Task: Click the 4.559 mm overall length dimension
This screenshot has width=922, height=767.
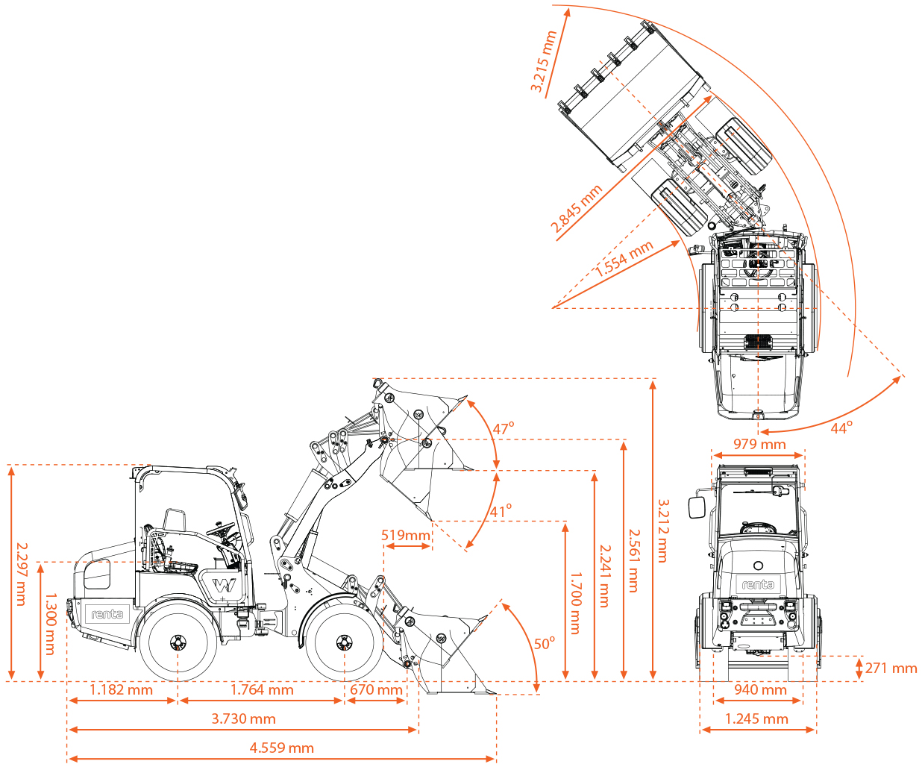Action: tap(281, 748)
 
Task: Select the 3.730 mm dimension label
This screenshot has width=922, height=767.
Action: tap(243, 719)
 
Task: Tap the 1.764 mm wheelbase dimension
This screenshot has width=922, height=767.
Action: tap(262, 690)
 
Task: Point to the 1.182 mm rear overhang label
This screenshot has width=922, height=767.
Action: tap(121, 690)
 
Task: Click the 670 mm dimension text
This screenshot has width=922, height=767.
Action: tap(376, 690)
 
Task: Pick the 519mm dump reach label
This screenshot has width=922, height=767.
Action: tap(406, 535)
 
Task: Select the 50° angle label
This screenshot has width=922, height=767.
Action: tap(544, 643)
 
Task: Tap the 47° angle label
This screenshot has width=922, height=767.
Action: tap(503, 429)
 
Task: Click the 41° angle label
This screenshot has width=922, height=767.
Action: tap(501, 511)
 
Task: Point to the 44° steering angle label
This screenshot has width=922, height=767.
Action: tap(841, 428)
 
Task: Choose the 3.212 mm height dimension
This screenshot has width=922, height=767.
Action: tap(662, 530)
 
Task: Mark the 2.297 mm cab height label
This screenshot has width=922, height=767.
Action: tap(21, 573)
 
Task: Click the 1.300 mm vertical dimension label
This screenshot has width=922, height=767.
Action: tap(50, 624)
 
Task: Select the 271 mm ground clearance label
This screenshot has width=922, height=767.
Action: tap(891, 669)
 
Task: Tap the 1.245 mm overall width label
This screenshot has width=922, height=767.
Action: tap(756, 719)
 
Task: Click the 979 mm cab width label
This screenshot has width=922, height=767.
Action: tap(759, 445)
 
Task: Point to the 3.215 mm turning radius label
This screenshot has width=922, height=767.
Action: tap(543, 61)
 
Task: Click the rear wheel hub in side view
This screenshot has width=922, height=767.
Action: tap(178, 642)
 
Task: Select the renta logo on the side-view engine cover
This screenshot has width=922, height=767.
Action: tap(107, 614)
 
